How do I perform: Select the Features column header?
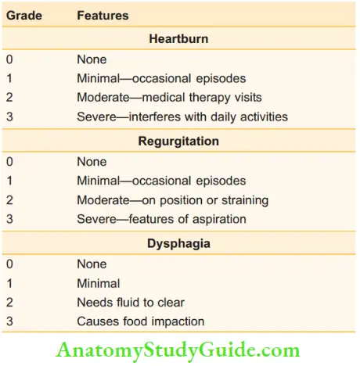click(103, 15)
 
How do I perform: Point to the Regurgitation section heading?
click(179, 142)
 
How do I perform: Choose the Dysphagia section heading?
click(179, 243)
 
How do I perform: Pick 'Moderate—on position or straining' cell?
click(173, 200)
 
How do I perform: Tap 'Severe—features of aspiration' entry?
click(160, 220)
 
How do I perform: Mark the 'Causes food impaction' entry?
click(141, 321)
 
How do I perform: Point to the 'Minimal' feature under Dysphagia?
click(99, 283)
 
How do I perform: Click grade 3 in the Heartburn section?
click(9, 117)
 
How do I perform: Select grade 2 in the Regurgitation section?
click(9, 200)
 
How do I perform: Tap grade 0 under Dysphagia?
click(9, 264)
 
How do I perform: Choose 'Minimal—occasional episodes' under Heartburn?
click(161, 78)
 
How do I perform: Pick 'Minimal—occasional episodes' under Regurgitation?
click(161, 181)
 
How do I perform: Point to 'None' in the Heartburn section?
click(92, 59)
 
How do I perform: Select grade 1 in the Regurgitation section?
click(9, 181)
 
